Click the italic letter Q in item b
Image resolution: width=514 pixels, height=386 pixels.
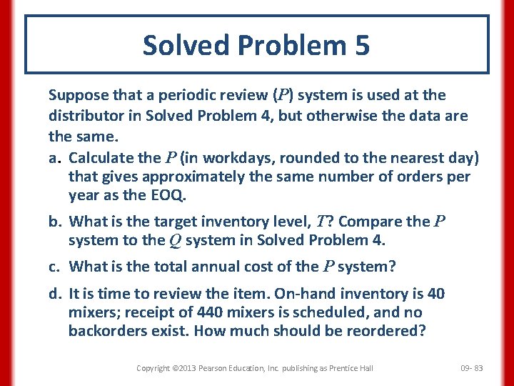[x=175, y=241]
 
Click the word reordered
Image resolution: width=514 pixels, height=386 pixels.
[x=388, y=331]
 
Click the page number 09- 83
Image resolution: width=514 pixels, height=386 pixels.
[x=472, y=368]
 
